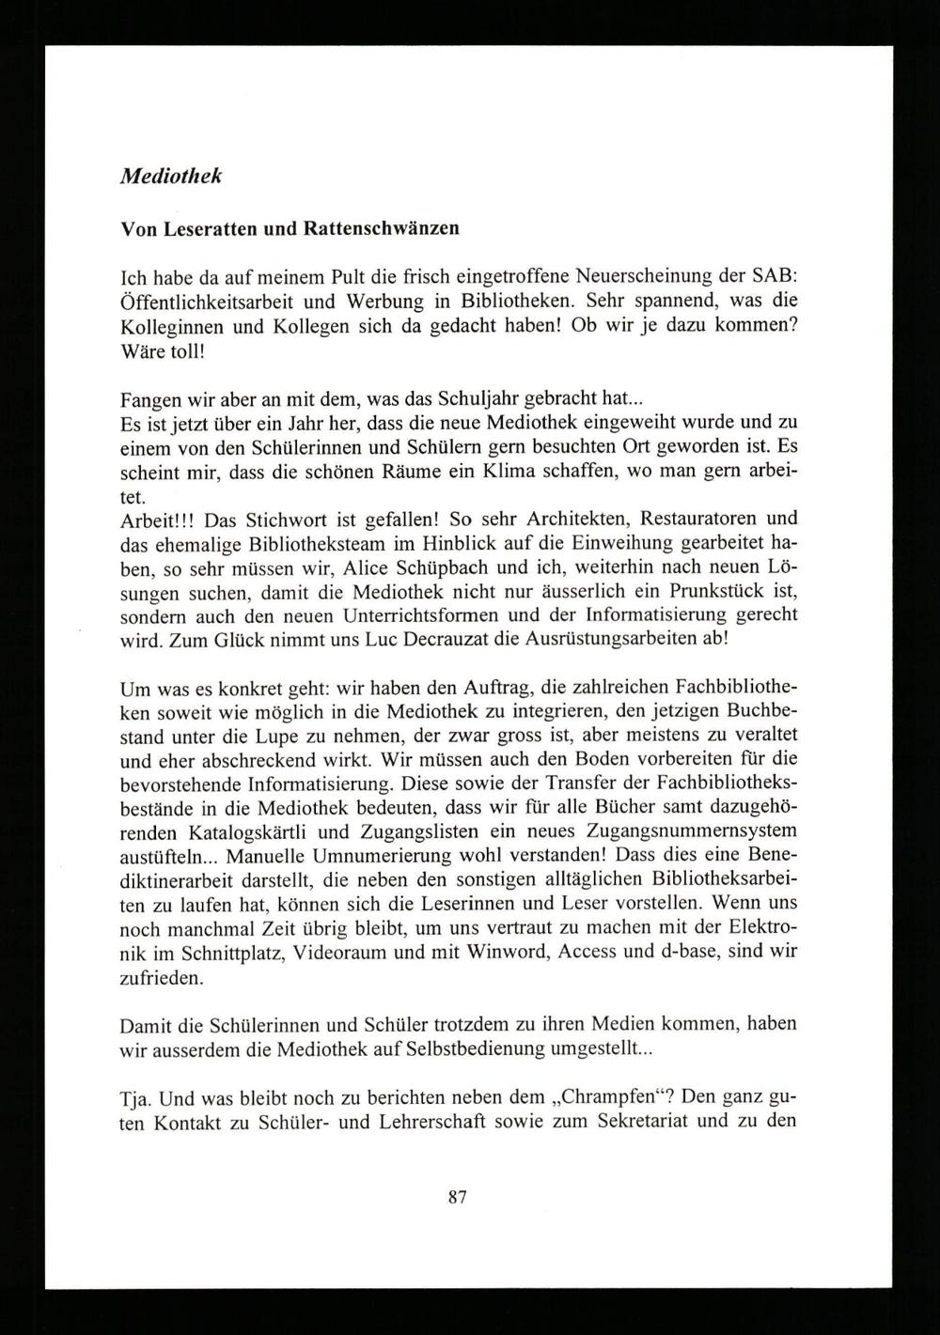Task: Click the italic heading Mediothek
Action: (x=171, y=177)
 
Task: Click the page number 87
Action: (x=458, y=1198)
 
